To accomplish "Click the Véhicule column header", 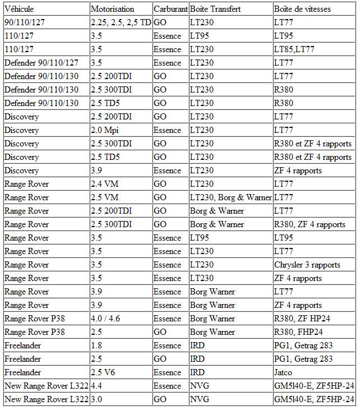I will (x=19, y=9).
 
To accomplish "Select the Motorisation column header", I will (x=112, y=9).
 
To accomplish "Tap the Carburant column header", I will (x=170, y=9).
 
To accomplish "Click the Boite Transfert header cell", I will (x=215, y=9).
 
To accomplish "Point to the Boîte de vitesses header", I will (x=302, y=9).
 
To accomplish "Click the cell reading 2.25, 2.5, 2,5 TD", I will (x=121, y=22).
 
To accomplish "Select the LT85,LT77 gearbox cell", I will (x=294, y=49).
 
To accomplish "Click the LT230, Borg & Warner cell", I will (x=230, y=197).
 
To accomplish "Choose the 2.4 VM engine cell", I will (x=105, y=184).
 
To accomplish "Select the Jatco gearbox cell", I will (x=284, y=372).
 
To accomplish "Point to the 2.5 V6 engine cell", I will (x=104, y=372).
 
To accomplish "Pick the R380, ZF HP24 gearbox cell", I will (x=302, y=319).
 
